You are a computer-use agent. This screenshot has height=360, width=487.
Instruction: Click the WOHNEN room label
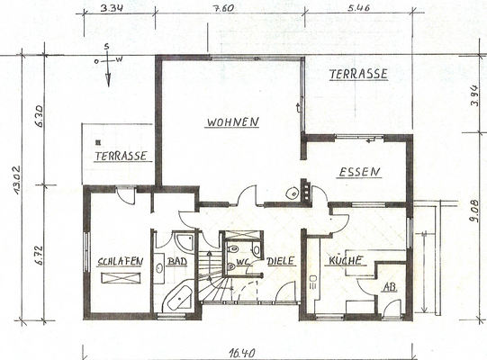(232, 121)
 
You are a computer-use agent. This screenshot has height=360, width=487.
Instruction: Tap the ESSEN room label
(359, 172)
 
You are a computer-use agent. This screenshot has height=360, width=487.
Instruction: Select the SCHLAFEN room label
(120, 262)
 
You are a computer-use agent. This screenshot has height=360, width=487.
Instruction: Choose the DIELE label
(281, 262)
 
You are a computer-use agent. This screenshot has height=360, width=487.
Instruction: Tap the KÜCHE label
(345, 260)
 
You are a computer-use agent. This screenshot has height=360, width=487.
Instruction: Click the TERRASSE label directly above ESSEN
(357, 74)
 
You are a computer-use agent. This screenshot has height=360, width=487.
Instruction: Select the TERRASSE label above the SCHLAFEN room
(121, 156)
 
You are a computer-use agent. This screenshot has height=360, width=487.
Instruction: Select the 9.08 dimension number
(474, 213)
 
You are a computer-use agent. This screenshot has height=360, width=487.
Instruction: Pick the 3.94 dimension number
(474, 93)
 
